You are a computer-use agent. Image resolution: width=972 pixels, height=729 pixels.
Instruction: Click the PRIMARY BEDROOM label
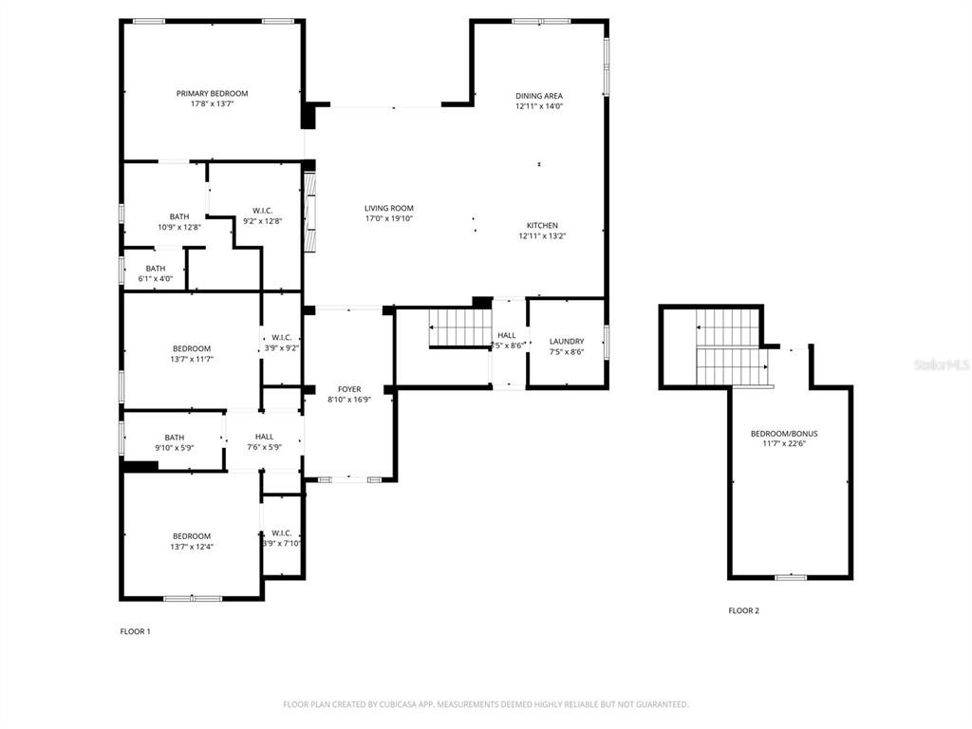pos(212,93)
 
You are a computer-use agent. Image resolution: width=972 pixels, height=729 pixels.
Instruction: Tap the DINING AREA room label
pos(539,96)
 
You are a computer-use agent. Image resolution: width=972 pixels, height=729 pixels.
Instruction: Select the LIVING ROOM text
pos(389,208)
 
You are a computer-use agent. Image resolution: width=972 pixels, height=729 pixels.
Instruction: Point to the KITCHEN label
pos(542,225)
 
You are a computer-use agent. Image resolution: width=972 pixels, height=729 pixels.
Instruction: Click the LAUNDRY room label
pos(567,342)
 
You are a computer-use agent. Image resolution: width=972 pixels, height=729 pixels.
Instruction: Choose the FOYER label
pos(349,389)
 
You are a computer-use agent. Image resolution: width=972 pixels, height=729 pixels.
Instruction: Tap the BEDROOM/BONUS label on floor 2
pos(784,434)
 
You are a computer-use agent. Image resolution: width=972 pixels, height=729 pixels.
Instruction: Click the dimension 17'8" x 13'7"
pos(212,103)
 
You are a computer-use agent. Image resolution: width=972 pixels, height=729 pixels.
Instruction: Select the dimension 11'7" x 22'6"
pos(784,444)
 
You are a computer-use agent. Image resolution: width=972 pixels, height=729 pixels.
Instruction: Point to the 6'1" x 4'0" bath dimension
pos(156,279)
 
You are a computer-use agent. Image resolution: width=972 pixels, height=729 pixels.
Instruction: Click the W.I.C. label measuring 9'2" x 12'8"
pos(263,210)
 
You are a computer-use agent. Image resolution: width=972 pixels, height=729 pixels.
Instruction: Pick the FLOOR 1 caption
pos(135,631)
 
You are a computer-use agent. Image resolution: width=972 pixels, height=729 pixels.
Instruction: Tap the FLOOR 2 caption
pos(743,610)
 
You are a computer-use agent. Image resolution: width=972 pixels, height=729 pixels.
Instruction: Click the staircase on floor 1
pos(459,328)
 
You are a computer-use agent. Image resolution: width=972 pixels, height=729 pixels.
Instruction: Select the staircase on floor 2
pos(732,347)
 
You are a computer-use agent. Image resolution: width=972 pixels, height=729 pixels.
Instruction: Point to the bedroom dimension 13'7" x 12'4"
pos(191,547)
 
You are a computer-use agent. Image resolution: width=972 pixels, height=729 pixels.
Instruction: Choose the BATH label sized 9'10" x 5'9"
pos(174,438)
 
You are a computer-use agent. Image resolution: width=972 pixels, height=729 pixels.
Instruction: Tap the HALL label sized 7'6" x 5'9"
pos(264,437)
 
